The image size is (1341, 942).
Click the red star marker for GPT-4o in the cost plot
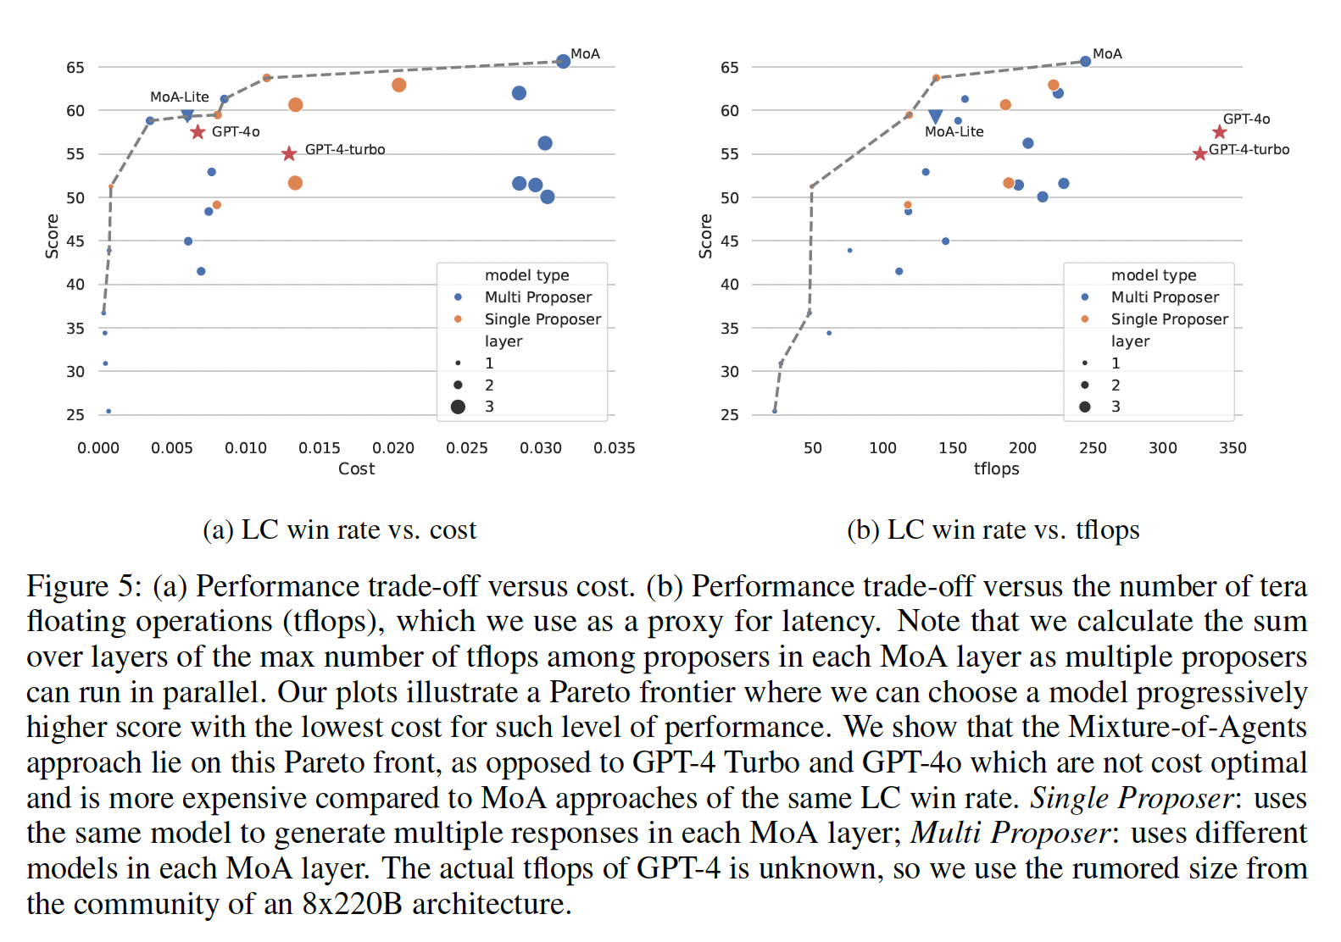coord(198,132)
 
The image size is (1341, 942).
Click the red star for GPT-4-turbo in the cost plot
coord(289,153)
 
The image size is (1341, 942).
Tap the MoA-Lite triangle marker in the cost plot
coord(187,114)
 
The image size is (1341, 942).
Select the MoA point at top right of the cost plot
coord(563,61)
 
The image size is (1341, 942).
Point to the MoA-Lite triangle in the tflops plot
coord(935,116)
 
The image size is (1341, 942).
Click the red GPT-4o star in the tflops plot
coord(1219,132)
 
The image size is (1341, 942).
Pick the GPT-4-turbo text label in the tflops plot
coord(1249,150)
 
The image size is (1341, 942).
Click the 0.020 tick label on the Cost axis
coord(393,448)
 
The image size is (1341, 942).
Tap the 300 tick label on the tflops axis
coord(1162,448)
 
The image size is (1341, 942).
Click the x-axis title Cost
coord(356,469)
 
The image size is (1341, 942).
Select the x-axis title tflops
coord(996,469)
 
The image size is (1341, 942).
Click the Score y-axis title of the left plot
coord(53,235)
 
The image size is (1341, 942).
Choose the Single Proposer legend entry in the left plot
coord(543,319)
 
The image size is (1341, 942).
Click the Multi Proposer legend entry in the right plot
coord(1165,297)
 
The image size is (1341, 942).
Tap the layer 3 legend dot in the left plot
coord(458,407)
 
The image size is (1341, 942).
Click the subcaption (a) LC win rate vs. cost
coord(340,530)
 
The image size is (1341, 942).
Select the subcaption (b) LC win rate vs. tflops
coord(993,530)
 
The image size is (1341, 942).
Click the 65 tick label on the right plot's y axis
coord(729,67)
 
